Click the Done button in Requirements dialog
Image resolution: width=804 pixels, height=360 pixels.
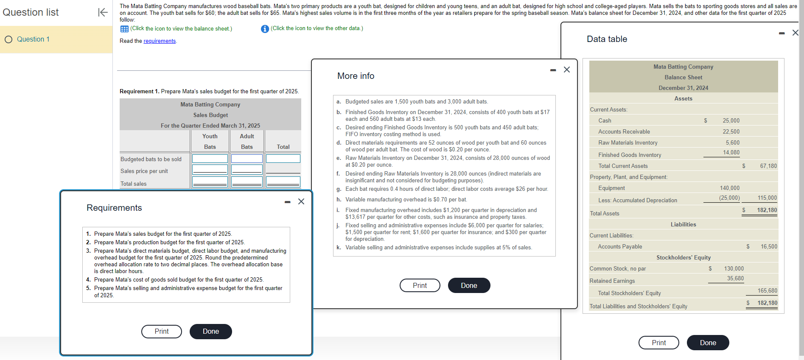click(210, 332)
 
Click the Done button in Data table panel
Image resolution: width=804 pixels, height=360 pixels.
click(708, 343)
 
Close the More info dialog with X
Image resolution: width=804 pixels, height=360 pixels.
click(567, 70)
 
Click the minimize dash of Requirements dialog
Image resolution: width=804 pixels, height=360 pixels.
click(287, 202)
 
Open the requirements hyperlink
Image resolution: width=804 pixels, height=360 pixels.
click(160, 41)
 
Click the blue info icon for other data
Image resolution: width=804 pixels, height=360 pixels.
click(265, 28)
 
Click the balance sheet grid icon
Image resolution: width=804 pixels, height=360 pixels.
click(124, 29)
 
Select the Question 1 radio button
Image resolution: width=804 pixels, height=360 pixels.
click(8, 39)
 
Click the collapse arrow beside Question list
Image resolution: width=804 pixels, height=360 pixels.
click(103, 12)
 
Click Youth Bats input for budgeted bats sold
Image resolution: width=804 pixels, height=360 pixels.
click(210, 159)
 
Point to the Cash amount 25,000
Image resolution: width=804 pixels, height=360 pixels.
click(731, 121)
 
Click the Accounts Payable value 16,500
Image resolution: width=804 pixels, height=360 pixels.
click(769, 247)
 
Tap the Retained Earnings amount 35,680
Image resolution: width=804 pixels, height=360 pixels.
click(735, 279)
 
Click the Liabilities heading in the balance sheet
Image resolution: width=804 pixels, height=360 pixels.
click(683, 225)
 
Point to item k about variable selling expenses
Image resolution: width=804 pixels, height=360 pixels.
click(438, 248)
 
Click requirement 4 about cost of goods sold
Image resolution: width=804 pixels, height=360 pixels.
click(179, 280)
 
